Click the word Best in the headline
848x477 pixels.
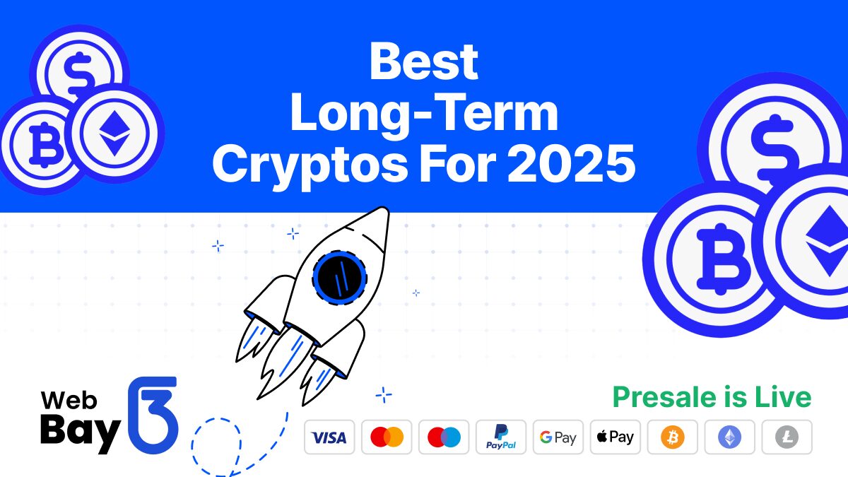424,62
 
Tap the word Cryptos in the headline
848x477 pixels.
310,167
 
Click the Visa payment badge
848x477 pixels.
329,437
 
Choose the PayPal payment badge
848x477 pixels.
501,437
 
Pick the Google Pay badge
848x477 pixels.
558,437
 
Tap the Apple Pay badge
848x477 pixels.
616,437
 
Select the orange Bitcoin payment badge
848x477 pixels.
672,437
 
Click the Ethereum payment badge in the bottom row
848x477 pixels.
729,437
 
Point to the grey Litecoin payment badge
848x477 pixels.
787,437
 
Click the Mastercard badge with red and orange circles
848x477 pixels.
387,437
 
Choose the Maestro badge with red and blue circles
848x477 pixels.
444,437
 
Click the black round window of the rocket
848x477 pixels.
340,278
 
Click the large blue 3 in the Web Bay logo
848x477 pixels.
153,416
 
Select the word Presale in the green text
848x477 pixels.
664,397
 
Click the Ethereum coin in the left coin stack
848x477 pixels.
114,134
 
